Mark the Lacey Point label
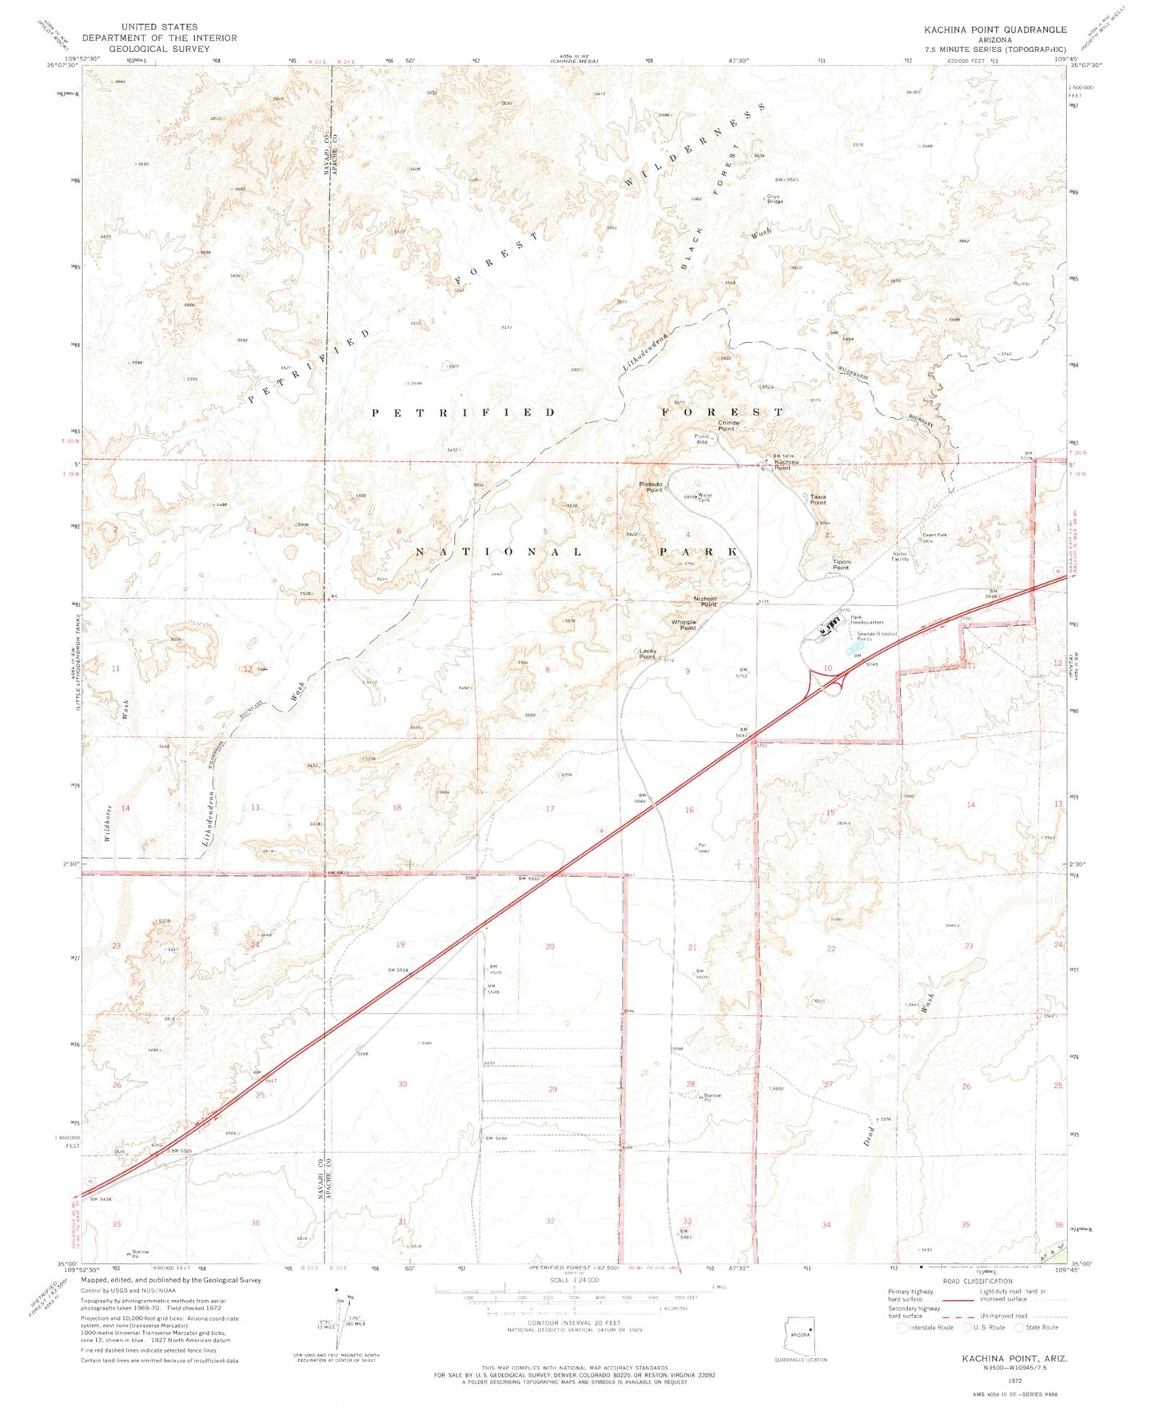pos(647,653)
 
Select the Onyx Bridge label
pos(775,198)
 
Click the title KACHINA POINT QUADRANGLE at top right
pos(995,30)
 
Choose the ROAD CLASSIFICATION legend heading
pos(978,1281)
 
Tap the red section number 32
pos(550,1221)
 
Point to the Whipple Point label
pos(683,625)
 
